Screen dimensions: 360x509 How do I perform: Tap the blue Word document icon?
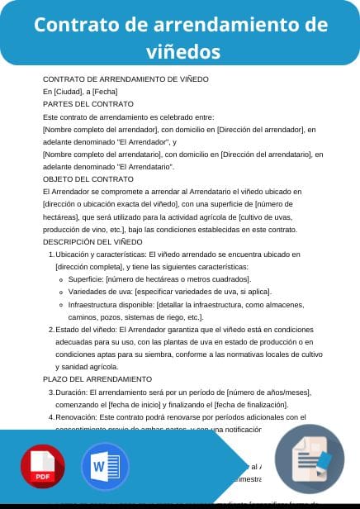click(105, 467)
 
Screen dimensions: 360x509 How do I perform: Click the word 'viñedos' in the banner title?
click(179, 51)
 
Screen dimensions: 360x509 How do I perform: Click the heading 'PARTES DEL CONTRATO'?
click(88, 104)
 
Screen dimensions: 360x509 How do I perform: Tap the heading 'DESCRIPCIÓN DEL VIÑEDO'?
click(92, 241)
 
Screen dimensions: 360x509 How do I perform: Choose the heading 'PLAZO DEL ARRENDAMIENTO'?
click(97, 378)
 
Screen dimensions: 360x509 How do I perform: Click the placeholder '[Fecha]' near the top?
click(105, 92)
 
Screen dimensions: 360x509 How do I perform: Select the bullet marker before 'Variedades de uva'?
click(62, 292)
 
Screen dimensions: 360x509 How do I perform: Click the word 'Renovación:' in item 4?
click(76, 417)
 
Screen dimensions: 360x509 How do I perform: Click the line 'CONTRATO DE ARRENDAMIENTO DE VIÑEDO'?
click(126, 79)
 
